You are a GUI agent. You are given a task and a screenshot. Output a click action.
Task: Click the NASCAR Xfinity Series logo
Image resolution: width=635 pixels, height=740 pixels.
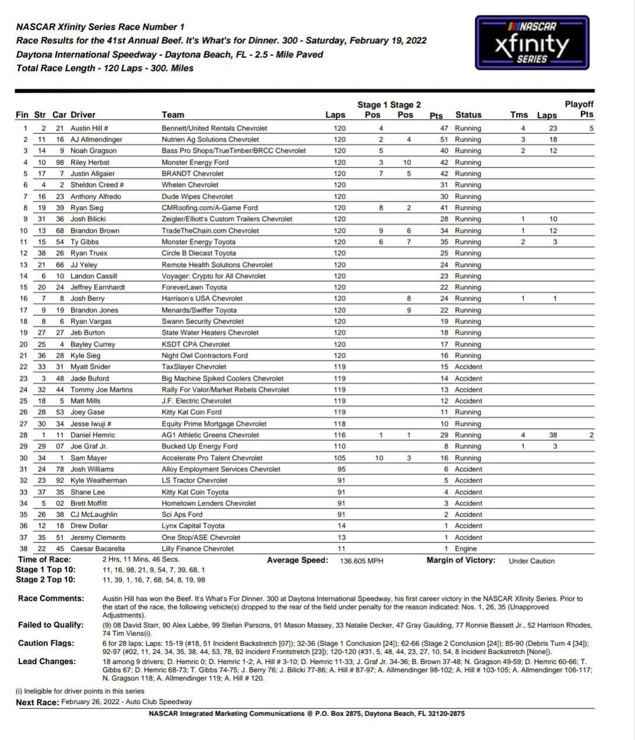click(532, 43)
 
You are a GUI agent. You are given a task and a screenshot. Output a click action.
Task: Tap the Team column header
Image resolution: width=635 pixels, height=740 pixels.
click(173, 115)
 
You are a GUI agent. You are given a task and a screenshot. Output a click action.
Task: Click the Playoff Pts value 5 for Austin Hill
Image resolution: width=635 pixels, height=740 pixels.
click(591, 128)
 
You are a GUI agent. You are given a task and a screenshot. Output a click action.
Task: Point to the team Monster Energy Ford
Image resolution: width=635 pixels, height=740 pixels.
click(195, 162)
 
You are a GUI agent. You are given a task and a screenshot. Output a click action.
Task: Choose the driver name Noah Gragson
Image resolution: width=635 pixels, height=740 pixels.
click(93, 151)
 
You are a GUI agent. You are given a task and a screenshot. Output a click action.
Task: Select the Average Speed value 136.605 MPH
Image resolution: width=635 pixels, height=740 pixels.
click(361, 561)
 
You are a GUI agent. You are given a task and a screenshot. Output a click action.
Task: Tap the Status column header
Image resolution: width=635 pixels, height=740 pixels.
click(468, 115)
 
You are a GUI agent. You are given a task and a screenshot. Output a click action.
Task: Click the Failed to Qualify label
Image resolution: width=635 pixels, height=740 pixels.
click(51, 625)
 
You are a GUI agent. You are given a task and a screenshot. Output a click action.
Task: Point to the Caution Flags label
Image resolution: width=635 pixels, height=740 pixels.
click(46, 644)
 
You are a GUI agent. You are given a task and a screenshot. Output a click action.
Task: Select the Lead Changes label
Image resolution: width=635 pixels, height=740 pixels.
click(46, 662)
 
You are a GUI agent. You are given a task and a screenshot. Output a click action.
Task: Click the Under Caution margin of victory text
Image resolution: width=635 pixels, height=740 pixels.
click(532, 561)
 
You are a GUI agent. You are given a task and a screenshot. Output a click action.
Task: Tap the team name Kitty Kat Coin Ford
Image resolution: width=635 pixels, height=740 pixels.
click(191, 412)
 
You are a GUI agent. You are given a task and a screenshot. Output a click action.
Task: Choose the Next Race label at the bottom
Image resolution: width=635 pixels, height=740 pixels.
click(37, 702)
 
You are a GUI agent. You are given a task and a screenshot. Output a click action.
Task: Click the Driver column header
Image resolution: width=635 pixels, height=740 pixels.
click(82, 115)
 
